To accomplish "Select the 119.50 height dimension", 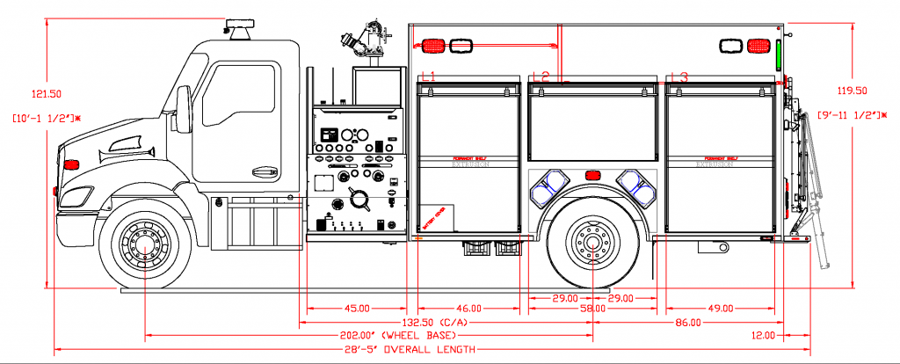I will tap(849, 91).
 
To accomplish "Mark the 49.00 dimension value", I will tap(720, 308).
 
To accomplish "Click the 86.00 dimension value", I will tap(687, 322).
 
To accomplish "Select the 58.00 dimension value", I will tap(592, 309).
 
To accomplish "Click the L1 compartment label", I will tap(428, 77).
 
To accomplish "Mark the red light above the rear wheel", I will tap(592, 175).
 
